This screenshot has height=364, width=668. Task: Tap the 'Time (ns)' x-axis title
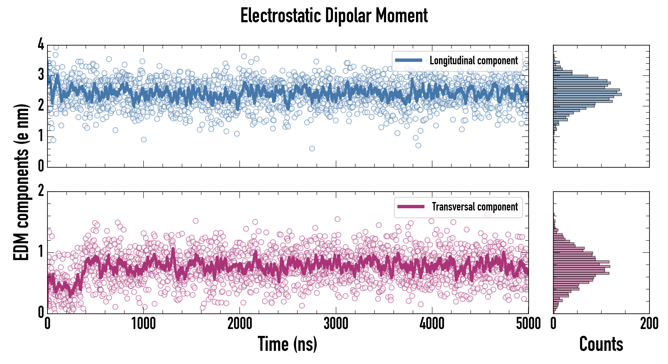(x=287, y=344)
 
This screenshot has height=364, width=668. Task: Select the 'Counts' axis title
(x=601, y=344)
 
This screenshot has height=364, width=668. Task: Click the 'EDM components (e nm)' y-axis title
(x=21, y=182)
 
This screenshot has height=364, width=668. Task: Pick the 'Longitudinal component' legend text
(x=473, y=61)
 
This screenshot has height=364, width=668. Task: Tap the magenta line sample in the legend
(x=411, y=206)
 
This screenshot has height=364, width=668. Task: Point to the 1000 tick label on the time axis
(x=143, y=324)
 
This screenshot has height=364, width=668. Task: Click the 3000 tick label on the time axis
(x=336, y=324)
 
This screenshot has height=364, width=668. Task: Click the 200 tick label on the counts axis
(x=649, y=324)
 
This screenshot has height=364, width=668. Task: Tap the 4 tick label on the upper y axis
(x=41, y=44)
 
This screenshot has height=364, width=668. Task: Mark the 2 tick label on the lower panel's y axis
(x=41, y=191)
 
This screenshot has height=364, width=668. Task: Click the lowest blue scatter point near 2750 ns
(x=312, y=148)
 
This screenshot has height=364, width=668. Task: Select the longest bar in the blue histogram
(x=587, y=94)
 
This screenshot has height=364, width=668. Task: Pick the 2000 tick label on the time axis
(x=240, y=324)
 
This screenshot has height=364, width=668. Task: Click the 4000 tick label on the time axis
(x=432, y=324)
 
